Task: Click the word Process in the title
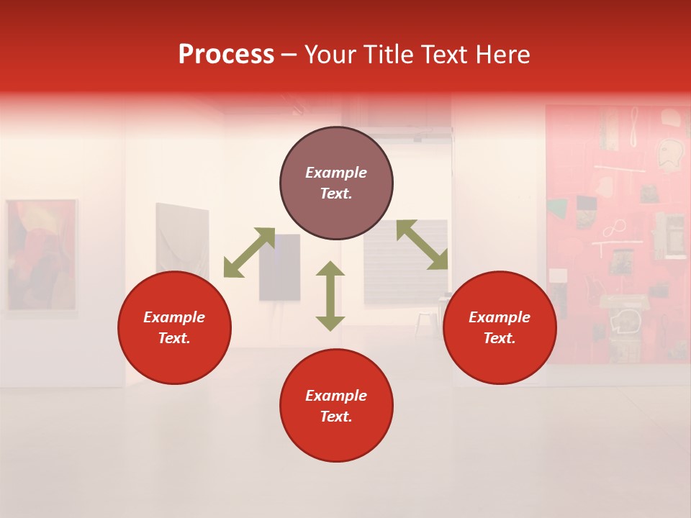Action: (226, 55)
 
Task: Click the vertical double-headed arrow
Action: (330, 296)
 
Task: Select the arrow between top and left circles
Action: (249, 253)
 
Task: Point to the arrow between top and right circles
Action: (422, 245)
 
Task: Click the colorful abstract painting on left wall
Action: (41, 255)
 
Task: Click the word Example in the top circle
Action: (336, 173)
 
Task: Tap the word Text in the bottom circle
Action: (336, 417)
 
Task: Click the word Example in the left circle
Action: (174, 317)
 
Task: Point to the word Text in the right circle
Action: (500, 338)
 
